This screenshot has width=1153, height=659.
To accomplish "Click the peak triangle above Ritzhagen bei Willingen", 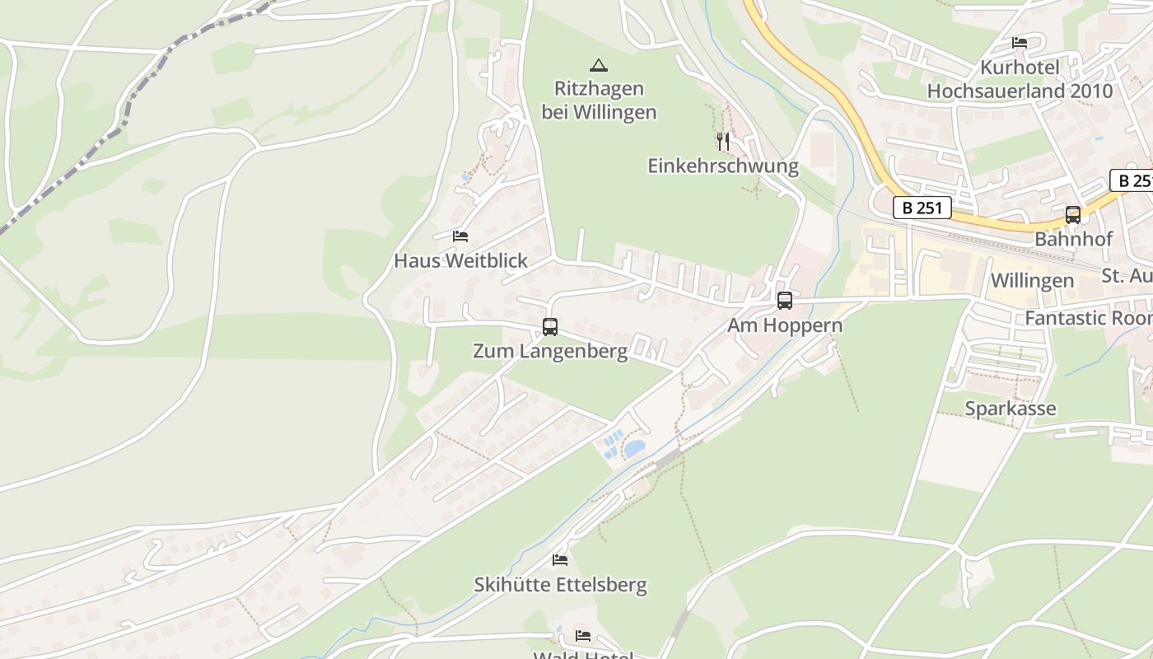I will pyautogui.click(x=599, y=65).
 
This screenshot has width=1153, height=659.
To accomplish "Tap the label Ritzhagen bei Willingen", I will pyautogui.click(x=599, y=100).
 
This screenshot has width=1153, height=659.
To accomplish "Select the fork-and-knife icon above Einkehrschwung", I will pyautogui.click(x=723, y=141).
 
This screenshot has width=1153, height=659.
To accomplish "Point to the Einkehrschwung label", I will pyautogui.click(x=723, y=166).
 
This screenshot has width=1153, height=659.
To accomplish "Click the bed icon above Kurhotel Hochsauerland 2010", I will pyautogui.click(x=1020, y=42).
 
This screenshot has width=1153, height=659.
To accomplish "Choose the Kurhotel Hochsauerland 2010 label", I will pyautogui.click(x=1020, y=79).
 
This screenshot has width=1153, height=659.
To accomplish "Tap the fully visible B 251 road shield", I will pyautogui.click(x=922, y=208).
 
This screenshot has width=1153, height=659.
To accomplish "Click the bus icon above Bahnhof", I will pyautogui.click(x=1072, y=215).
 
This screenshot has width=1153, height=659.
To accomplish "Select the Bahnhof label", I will pyautogui.click(x=1073, y=240).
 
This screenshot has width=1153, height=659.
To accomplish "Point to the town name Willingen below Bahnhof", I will pyautogui.click(x=1032, y=281).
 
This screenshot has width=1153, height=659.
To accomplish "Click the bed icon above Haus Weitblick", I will pyautogui.click(x=460, y=236).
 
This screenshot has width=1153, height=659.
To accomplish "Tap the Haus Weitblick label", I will pyautogui.click(x=460, y=261).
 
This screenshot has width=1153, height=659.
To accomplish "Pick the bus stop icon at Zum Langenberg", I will pyautogui.click(x=550, y=327).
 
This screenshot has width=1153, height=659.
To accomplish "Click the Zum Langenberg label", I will pyautogui.click(x=550, y=352).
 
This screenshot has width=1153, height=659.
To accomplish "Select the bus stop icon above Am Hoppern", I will pyautogui.click(x=785, y=301).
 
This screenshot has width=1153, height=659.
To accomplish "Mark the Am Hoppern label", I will pyautogui.click(x=785, y=325).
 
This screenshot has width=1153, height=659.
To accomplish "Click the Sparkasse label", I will pyautogui.click(x=1010, y=409).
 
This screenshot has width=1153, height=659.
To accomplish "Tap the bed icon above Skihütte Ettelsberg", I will pyautogui.click(x=560, y=560).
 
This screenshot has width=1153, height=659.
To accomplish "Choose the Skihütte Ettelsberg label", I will pyautogui.click(x=560, y=586).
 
